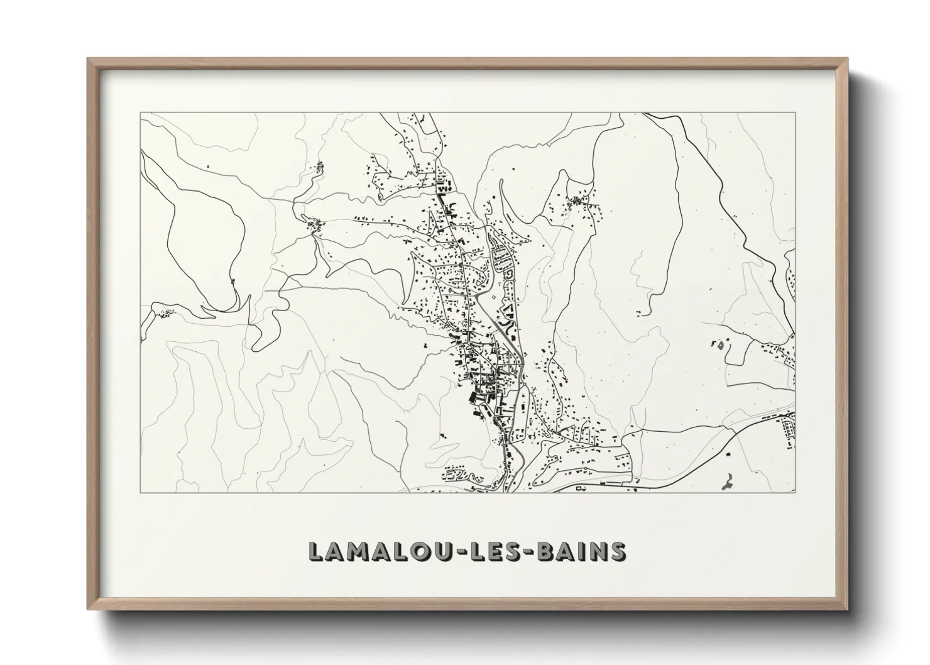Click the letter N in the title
(598, 551)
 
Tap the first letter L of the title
(317, 551)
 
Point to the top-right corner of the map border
(796, 113)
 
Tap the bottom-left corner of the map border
(141, 492)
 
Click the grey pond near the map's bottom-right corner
(728, 482)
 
